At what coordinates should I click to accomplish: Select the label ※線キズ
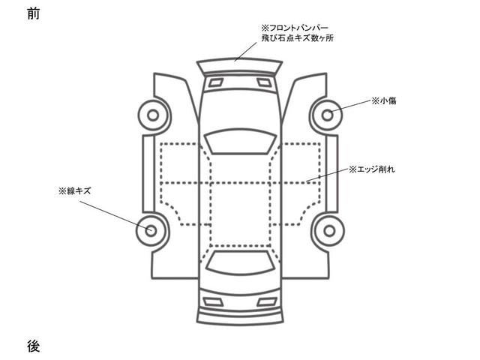[x=73, y=191]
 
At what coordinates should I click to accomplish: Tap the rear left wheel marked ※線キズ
[x=151, y=229]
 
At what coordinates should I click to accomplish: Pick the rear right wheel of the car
[x=329, y=229]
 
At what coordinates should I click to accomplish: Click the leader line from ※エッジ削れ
[x=327, y=175]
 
